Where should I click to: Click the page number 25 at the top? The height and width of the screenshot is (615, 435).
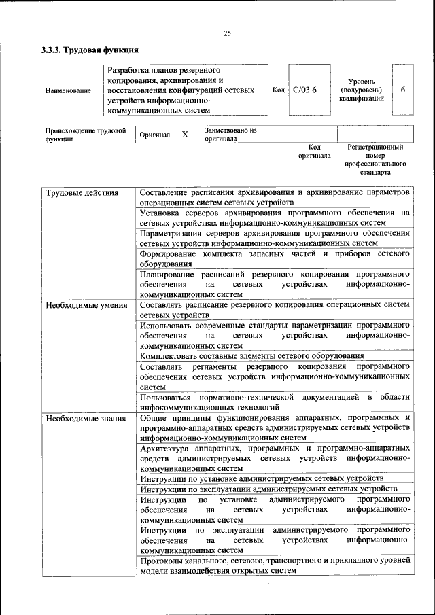(227, 33)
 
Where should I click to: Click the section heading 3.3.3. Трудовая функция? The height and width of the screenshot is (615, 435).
(90, 50)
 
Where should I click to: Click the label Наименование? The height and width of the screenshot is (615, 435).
(68, 91)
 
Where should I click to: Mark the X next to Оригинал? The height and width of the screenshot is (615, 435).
(185, 135)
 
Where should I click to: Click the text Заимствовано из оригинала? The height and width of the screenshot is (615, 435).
(230, 134)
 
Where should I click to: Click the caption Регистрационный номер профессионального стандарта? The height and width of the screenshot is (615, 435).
(375, 159)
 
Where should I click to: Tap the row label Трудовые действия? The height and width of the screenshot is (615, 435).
(82, 193)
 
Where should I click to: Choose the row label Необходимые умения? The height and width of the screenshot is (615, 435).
(86, 305)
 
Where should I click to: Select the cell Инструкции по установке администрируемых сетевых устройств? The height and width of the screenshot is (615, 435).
(262, 478)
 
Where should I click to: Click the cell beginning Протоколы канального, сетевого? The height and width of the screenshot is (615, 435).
(275, 565)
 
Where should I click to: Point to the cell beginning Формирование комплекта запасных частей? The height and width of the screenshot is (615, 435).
(275, 259)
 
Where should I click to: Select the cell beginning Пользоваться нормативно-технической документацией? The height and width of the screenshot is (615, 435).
(275, 401)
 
